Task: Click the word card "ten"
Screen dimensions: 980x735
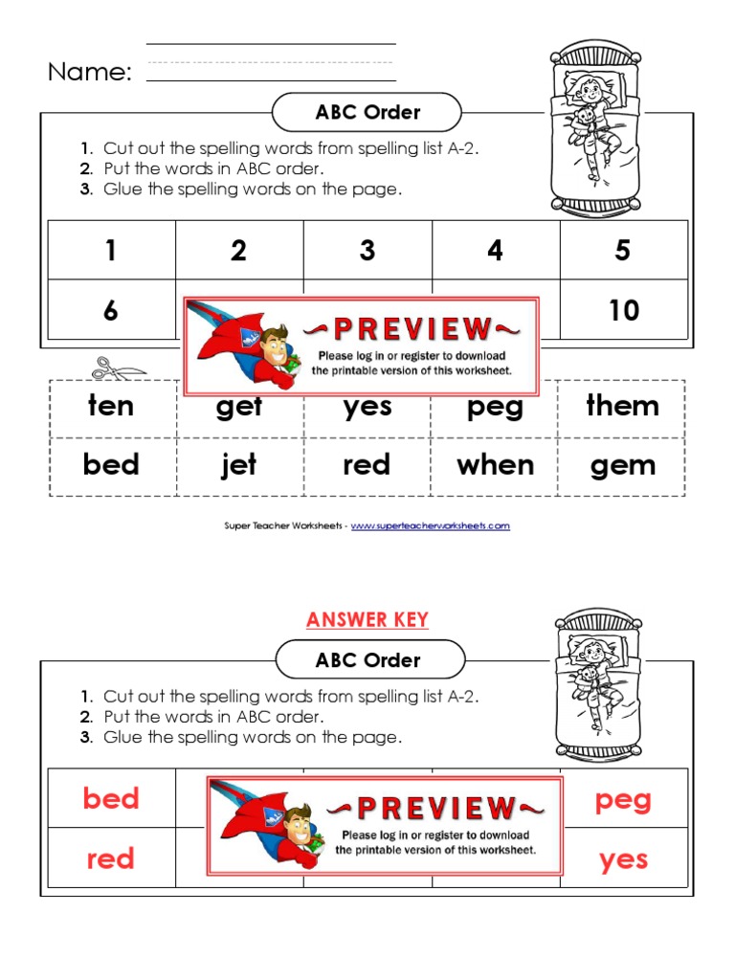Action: [111, 406]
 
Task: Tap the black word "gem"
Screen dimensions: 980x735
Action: [623, 466]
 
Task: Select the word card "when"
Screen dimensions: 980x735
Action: [496, 465]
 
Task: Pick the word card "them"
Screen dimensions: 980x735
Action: [623, 406]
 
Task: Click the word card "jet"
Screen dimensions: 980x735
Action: [239, 465]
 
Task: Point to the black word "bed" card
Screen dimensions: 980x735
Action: [111, 465]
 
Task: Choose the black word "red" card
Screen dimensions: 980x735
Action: [367, 465]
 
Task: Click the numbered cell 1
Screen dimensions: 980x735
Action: [111, 251]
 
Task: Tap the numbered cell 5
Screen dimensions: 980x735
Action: [623, 251]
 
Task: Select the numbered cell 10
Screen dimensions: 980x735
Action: [623, 310]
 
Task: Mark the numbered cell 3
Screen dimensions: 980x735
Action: [367, 251]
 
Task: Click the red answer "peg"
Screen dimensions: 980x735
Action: [623, 799]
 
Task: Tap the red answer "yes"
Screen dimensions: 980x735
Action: [623, 859]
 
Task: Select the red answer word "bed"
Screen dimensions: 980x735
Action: [111, 798]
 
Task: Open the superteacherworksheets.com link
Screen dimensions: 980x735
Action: [431, 525]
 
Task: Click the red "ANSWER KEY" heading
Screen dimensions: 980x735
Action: [367, 620]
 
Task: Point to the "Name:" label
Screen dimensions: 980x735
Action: [90, 72]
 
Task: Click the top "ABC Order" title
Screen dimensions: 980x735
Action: [367, 112]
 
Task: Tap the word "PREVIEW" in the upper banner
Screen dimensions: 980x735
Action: [412, 330]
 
